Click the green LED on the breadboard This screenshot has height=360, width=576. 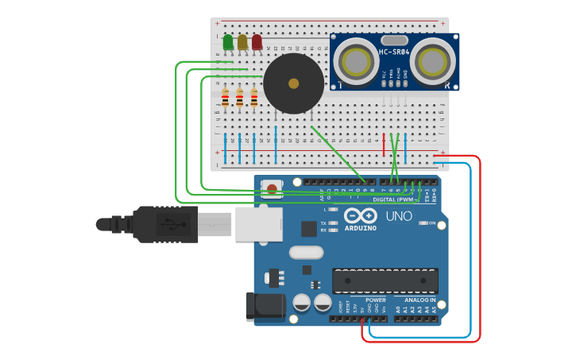228,42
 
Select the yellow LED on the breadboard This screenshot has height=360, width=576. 242,42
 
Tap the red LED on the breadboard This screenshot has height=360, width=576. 257,42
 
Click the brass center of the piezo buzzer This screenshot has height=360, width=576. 293,83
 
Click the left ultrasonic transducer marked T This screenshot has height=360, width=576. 355,60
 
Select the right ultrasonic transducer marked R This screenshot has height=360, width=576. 433,60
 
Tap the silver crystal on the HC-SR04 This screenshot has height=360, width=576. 394,41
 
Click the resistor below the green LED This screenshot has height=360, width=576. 226,99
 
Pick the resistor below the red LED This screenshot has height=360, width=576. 254,99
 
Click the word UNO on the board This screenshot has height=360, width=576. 399,216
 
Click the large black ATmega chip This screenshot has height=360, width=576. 385,280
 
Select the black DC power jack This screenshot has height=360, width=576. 265,306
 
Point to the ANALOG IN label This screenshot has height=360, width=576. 416,300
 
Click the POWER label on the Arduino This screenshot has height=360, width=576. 375,300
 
